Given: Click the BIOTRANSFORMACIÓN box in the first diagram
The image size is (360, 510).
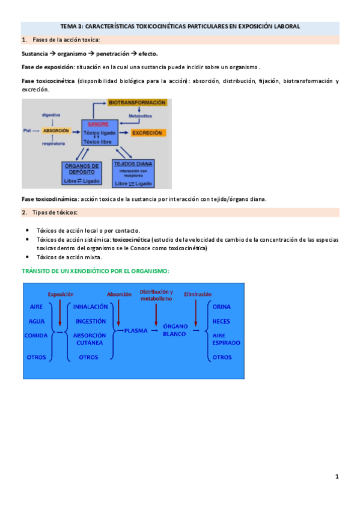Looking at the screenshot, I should (x=137, y=103).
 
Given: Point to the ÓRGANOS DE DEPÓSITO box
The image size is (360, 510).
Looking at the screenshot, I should (x=83, y=173).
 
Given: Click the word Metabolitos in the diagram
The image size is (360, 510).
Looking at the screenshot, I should (x=141, y=115).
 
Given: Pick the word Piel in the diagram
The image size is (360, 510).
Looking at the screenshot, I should (x=26, y=131).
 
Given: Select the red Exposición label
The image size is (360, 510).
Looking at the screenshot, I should (x=60, y=294).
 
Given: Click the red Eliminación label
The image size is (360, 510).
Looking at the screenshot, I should (x=198, y=294).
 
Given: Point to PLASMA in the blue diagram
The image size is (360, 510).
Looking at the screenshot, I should (x=135, y=330).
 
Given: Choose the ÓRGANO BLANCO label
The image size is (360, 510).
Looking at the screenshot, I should (x=175, y=330).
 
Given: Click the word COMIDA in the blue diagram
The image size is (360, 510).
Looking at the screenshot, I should (x=36, y=336).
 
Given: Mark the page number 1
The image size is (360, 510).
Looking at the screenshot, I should (x=337, y=477).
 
